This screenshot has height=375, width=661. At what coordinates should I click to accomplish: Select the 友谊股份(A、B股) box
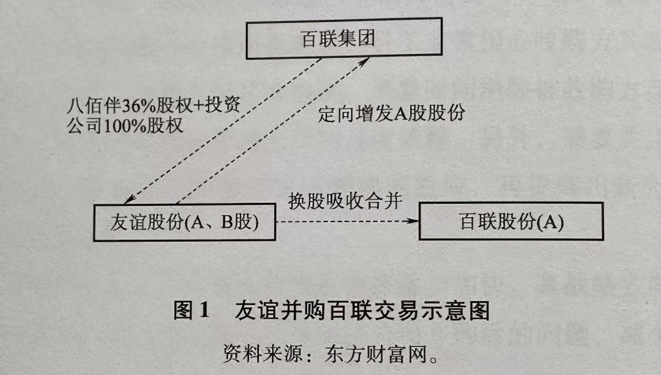(x=184, y=222)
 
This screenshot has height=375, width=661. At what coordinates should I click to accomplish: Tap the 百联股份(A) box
(x=511, y=222)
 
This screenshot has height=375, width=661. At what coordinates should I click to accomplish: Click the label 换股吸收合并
(x=345, y=200)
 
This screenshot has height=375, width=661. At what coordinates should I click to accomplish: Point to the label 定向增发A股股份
(x=391, y=113)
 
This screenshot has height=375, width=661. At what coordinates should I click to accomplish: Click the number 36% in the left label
(x=134, y=106)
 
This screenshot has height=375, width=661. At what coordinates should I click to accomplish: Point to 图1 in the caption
(x=192, y=311)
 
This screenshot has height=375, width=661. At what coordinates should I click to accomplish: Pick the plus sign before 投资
(x=197, y=106)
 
